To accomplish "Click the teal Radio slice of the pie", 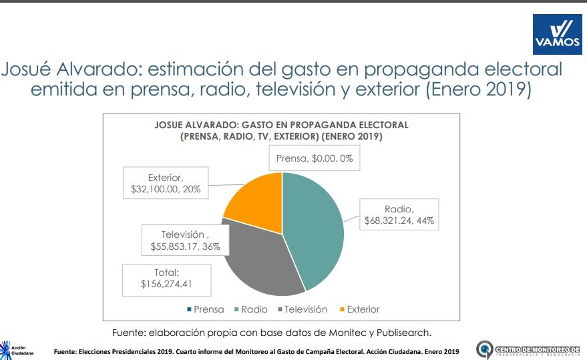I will [314, 227].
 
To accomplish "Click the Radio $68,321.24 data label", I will [399, 214].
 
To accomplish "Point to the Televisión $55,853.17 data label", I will [185, 240].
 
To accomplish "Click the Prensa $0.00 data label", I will [314, 160].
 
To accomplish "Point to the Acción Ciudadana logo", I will [14, 349].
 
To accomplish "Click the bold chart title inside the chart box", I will [280, 131].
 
